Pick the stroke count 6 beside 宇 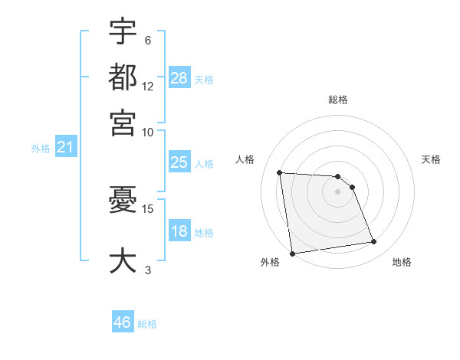point(148,41)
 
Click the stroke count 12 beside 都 point(148,86)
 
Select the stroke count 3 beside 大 point(148,269)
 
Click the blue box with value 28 point(179,78)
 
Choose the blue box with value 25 point(179,162)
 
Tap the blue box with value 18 point(179,232)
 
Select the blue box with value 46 point(123,322)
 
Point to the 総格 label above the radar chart point(337,100)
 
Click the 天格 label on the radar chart point(431,159)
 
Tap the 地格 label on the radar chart point(402,262)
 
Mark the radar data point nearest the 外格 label point(292,254)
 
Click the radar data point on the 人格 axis point(280,172)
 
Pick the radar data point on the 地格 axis point(373,242)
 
